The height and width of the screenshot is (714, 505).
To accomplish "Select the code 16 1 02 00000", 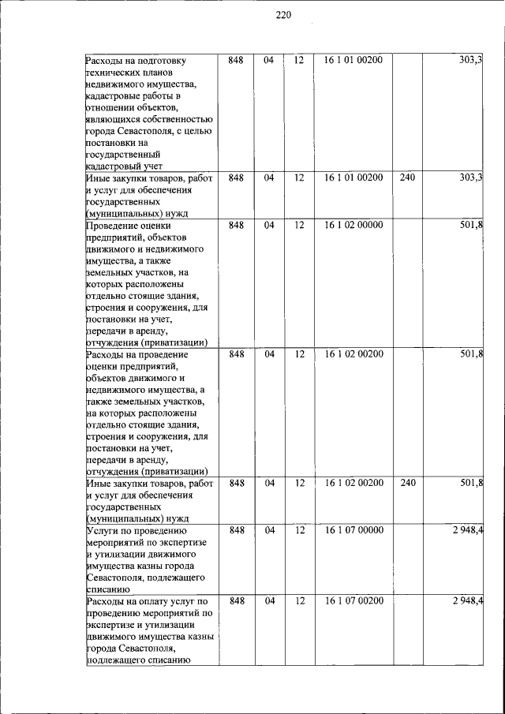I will [x=353, y=225].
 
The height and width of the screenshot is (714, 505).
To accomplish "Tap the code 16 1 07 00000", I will [x=353, y=530].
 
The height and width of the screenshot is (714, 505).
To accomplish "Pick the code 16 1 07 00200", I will [x=353, y=601].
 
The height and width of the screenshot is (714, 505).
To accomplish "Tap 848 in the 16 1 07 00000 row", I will [x=236, y=530].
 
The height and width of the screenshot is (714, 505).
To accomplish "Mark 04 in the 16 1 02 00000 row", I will [x=269, y=225].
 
